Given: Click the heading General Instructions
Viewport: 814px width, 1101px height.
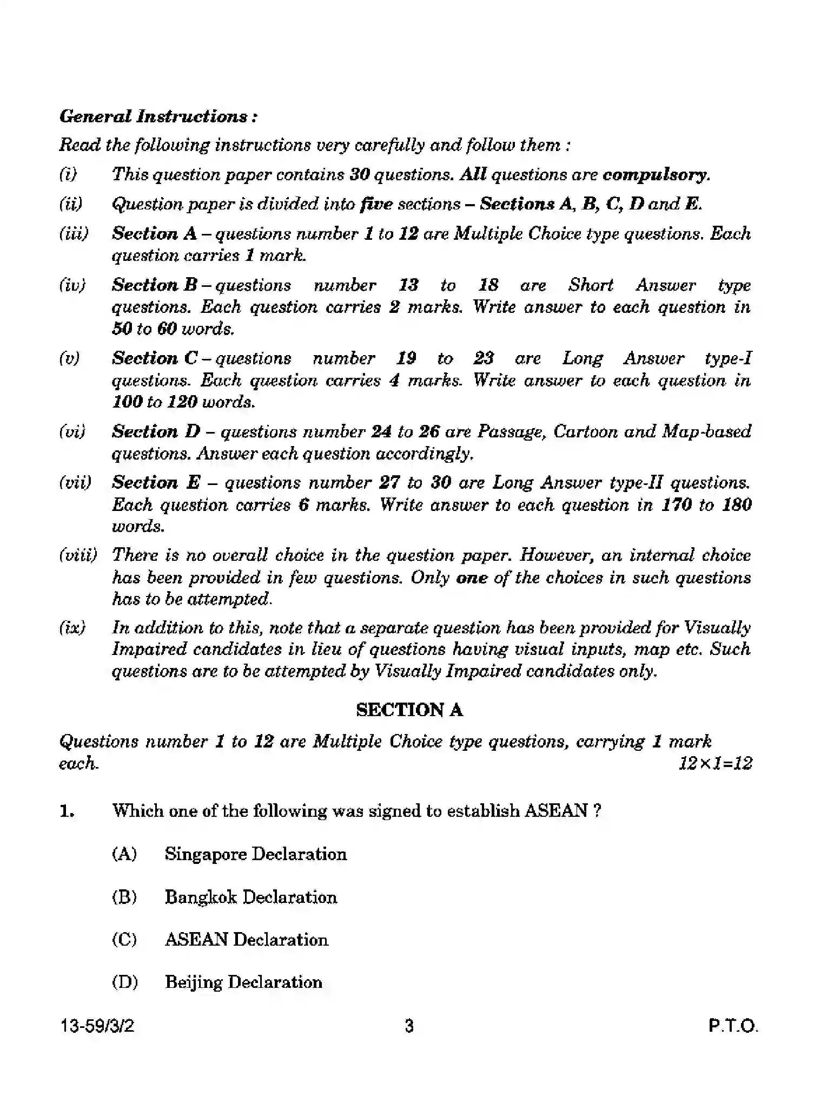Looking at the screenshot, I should [x=158, y=116].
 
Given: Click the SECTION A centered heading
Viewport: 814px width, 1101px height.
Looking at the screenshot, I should [x=409, y=710].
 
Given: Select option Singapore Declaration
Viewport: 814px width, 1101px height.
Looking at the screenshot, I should [x=255, y=854].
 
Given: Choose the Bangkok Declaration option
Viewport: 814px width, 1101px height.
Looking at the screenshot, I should [x=250, y=897].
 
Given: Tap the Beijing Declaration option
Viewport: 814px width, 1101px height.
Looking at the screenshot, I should [x=243, y=982].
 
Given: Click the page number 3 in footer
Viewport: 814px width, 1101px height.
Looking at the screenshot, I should [x=409, y=1026].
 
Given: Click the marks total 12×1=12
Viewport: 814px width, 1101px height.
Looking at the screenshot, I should [x=714, y=763].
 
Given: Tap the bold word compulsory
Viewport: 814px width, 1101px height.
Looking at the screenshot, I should [x=655, y=175].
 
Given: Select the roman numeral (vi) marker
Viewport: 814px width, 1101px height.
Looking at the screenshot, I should [x=72, y=431].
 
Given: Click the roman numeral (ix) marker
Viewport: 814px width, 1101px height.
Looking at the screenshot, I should [x=72, y=628].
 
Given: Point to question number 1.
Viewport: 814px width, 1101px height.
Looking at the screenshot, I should [x=67, y=811].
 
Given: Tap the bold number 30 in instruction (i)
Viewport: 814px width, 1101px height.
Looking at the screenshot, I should [x=359, y=175].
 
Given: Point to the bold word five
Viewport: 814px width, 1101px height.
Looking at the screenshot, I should [x=376, y=204].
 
